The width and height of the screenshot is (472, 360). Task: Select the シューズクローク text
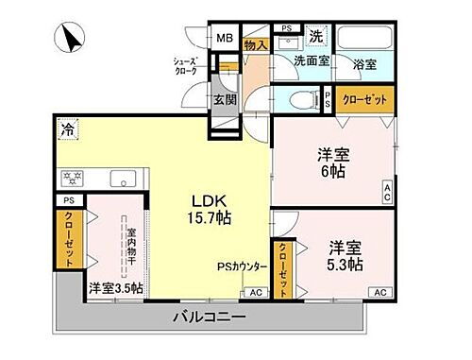(184, 65)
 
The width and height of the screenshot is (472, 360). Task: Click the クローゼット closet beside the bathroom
(362, 98)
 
